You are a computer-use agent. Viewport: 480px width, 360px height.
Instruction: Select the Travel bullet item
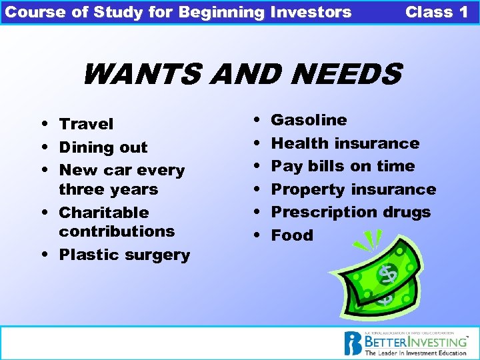[86, 124]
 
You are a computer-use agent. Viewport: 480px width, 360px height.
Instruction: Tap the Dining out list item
[103, 147]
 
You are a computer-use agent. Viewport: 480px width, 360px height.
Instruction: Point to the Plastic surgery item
[124, 255]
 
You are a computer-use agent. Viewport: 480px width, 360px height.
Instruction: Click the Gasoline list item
[309, 120]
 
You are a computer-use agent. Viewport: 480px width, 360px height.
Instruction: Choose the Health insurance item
[345, 143]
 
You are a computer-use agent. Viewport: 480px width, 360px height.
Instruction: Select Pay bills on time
[343, 166]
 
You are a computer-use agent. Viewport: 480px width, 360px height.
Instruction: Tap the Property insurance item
[353, 189]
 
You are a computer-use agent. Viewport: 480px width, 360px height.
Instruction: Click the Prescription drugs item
[351, 212]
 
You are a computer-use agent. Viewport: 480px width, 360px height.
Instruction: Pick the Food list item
[292, 235]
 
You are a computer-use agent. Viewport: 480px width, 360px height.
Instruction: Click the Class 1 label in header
[437, 12]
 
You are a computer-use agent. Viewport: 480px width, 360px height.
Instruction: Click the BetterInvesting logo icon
[353, 343]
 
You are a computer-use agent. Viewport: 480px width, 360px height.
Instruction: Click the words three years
[108, 189]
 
